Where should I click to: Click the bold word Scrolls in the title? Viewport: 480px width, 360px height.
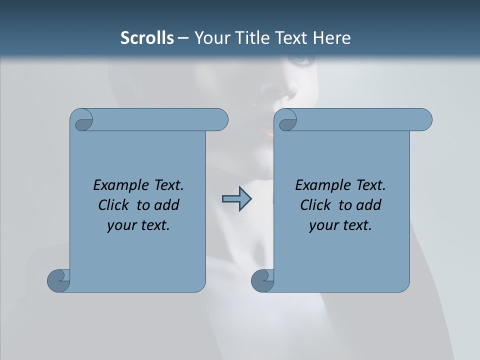click(147, 37)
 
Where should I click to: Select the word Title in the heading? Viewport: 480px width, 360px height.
click(252, 37)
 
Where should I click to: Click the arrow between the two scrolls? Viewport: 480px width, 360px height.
click(236, 199)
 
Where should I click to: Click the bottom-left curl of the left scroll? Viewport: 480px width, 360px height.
click(58, 280)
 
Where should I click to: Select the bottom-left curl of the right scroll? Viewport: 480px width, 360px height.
click(262, 280)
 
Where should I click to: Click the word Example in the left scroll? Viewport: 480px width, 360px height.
click(118, 185)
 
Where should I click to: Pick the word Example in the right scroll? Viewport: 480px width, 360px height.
click(320, 185)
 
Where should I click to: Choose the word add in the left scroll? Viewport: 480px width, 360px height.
click(167, 205)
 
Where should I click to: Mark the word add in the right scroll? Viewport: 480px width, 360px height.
click(369, 205)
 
